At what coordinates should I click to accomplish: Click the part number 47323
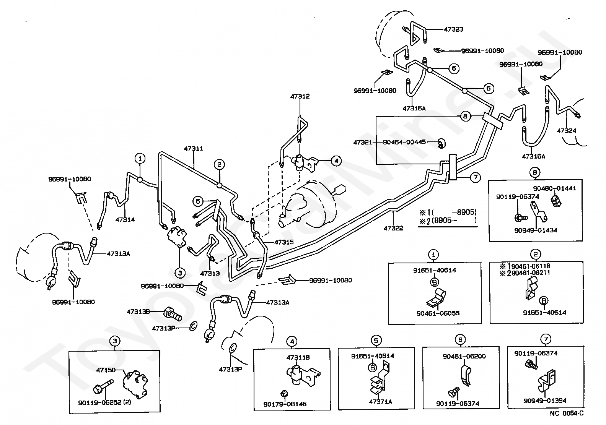tap(453, 29)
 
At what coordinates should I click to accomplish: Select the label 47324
tap(567, 131)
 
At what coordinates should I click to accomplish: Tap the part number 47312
tap(300, 96)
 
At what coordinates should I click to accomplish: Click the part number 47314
tap(125, 220)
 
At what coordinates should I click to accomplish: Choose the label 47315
tap(284, 242)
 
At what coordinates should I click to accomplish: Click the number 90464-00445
tap(405, 142)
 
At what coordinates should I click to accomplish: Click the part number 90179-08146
tap(285, 404)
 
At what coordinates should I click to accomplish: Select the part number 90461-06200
tap(464, 356)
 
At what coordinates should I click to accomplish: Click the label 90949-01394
tap(545, 401)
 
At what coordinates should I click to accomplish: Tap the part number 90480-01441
tap(555, 188)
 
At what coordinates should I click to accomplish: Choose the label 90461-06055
tap(438, 313)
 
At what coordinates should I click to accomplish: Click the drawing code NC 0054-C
tap(567, 413)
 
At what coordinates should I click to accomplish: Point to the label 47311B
tap(298, 358)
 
